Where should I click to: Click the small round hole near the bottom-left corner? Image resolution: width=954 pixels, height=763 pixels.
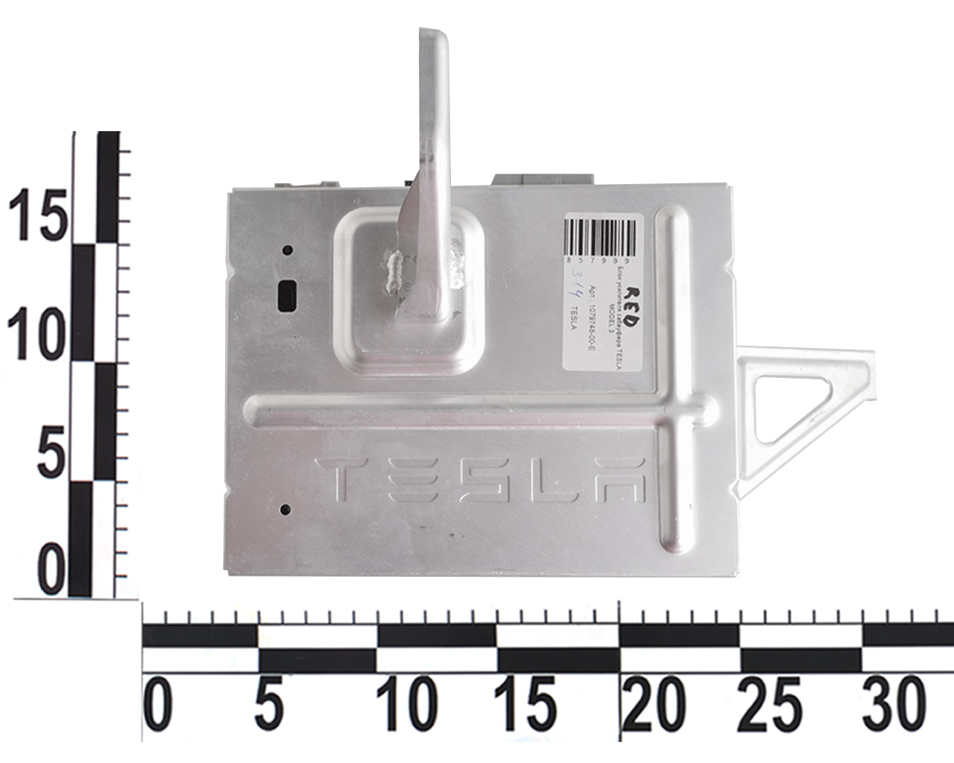(284, 510)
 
